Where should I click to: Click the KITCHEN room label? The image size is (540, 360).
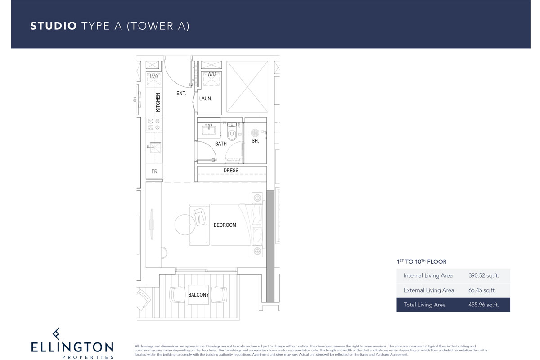[158, 102]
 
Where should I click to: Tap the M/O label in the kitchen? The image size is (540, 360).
[154, 77]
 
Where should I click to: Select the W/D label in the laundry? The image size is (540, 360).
[211, 74]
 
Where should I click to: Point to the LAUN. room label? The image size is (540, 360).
[206, 98]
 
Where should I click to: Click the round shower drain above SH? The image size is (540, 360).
[255, 133]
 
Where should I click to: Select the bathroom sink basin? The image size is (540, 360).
[208, 130]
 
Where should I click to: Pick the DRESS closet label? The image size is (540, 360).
[231, 171]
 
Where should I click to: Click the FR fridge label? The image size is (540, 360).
[154, 172]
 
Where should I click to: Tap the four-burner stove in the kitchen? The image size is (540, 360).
[154, 125]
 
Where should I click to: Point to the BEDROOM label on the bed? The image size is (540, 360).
[225, 225]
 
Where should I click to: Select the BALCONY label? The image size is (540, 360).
[198, 295]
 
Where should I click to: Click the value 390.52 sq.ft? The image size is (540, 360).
[483, 275]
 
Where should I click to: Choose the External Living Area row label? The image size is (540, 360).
[428, 290]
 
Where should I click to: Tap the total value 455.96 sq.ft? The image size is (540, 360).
[483, 305]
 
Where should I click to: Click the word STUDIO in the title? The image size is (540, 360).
[54, 26]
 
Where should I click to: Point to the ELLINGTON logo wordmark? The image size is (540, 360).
[72, 347]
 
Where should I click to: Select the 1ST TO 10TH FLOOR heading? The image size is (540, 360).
[421, 261]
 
